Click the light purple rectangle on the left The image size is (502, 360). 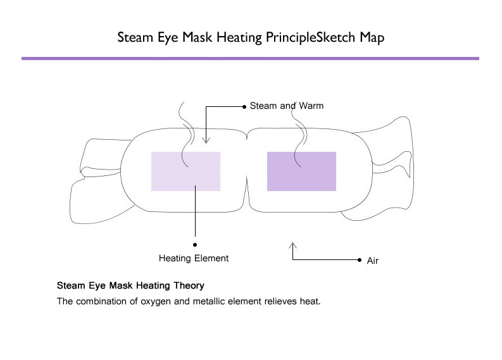185,171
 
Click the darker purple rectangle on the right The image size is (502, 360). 301,171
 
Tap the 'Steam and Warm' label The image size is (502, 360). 287,106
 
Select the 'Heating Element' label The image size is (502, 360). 194,258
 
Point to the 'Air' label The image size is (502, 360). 372,261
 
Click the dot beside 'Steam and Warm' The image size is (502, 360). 244,106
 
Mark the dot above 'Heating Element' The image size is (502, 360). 195,243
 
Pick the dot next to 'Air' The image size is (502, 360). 358,259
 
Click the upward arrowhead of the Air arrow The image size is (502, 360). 292,244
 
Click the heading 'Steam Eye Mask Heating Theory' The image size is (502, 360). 130,285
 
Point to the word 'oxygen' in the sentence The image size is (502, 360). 159,301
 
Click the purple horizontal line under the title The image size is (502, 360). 250,58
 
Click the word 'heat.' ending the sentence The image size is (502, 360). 312,301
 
